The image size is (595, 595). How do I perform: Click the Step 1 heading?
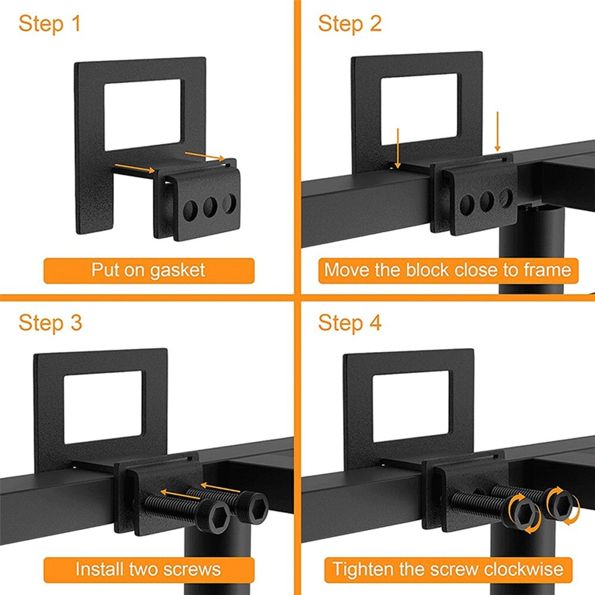click(x=49, y=24)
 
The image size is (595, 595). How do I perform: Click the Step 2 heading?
click(x=350, y=24)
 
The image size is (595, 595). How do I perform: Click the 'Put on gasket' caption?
click(x=148, y=270)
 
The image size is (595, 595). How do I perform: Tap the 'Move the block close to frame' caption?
click(x=447, y=270)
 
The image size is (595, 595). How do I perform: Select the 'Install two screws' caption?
click(x=148, y=569)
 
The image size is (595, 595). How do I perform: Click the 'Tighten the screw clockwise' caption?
click(x=447, y=569)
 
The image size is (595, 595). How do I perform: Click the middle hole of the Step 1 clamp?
click(x=210, y=207)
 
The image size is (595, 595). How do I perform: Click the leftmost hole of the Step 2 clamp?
click(x=467, y=204)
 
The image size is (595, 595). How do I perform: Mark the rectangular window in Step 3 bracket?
click(x=102, y=407)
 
